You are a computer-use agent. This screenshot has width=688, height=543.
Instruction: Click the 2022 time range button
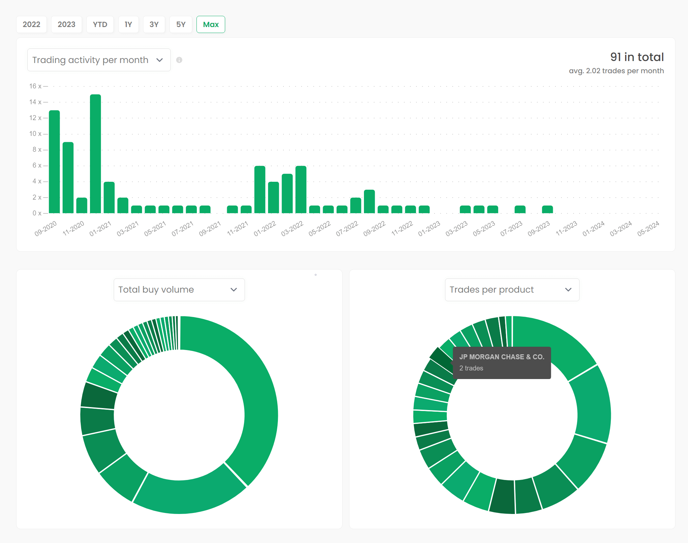31,24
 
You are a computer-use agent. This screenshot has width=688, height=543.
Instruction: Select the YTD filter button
100,24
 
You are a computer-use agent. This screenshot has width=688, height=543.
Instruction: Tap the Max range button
211,24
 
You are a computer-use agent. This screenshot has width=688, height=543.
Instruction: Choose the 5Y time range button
181,24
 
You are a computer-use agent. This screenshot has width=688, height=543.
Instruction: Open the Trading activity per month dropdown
99,60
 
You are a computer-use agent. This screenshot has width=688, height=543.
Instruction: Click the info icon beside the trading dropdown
179,60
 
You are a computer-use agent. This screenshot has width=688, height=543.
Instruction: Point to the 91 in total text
637,57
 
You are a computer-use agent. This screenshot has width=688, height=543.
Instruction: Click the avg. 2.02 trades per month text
616,71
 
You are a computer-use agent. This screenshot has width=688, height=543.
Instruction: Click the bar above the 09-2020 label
54,162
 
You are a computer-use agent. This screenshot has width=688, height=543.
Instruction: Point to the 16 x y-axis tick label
35,86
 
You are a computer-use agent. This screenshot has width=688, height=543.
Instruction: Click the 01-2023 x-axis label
429,229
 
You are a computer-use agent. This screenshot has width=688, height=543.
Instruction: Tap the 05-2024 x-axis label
648,229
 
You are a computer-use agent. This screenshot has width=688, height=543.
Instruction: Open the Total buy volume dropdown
179,290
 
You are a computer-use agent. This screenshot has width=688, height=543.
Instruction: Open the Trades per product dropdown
512,290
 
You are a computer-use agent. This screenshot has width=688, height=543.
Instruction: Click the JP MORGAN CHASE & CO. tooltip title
501,357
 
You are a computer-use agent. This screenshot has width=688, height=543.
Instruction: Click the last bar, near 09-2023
547,209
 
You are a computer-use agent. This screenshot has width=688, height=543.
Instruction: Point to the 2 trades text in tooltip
471,368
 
